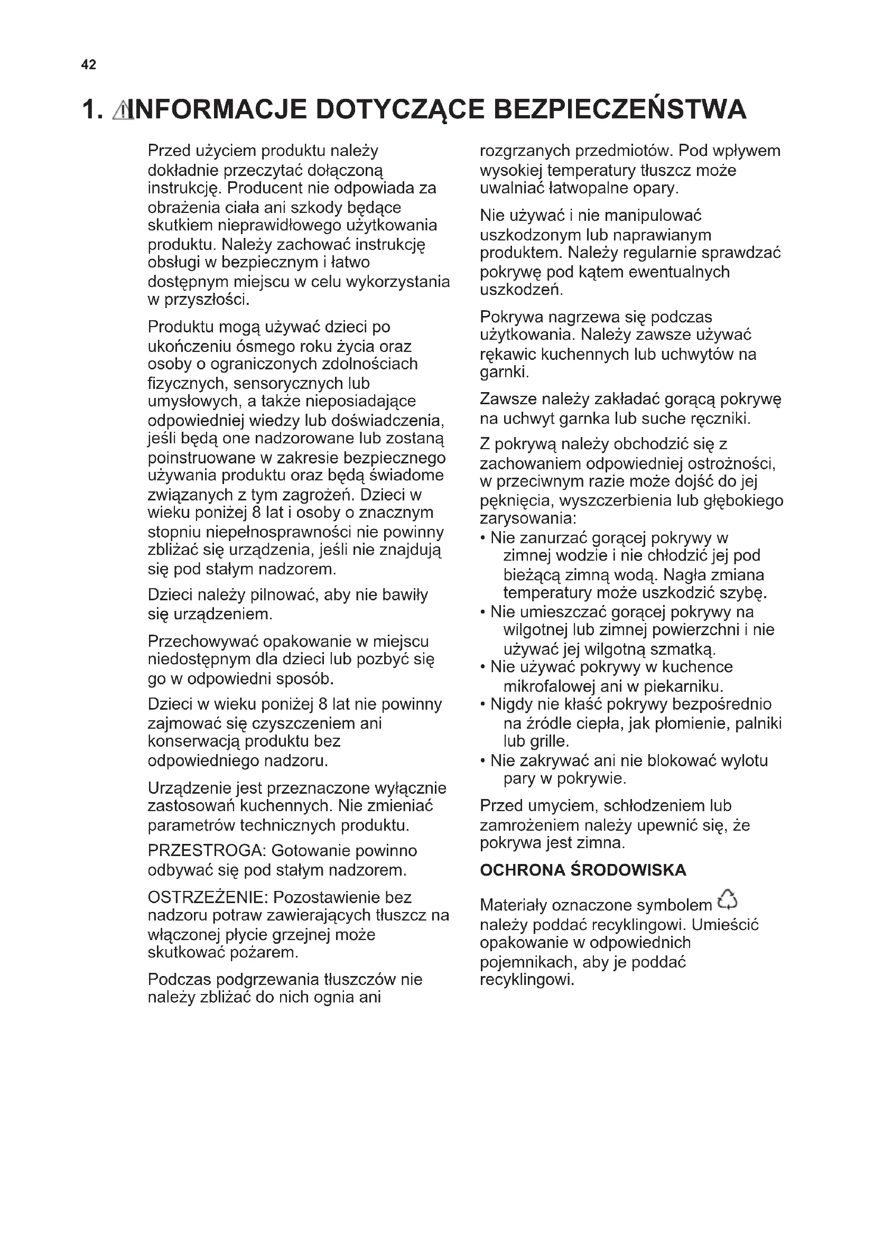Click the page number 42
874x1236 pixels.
click(88, 65)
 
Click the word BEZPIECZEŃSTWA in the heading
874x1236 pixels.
click(619, 109)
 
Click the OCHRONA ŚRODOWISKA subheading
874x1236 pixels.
click(583, 870)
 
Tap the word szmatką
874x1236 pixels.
click(683, 649)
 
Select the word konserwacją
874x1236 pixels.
click(194, 742)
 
